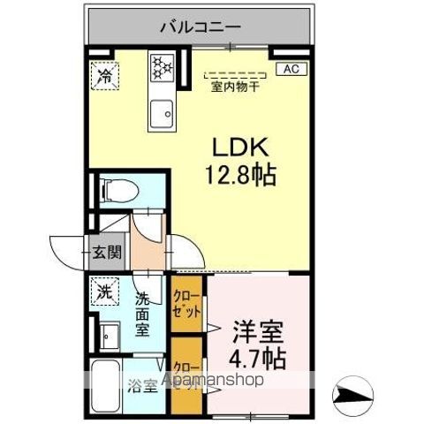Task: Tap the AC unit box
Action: (291, 68)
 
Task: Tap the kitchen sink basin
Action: (162, 111)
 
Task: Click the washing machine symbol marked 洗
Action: (105, 290)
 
